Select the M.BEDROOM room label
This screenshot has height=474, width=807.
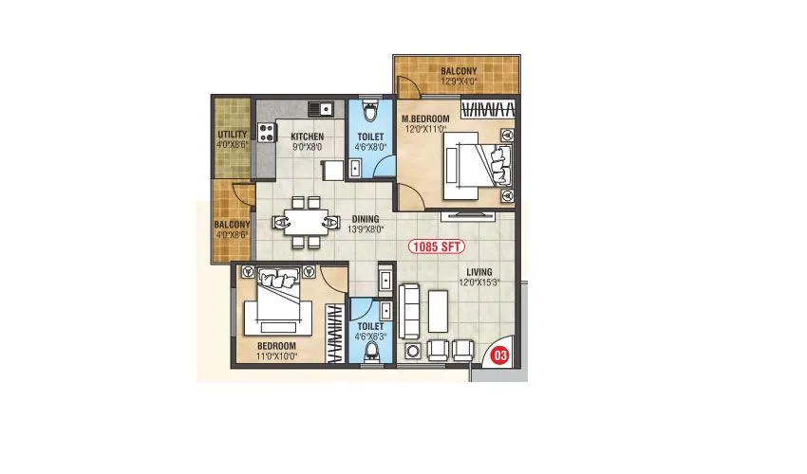[424, 118]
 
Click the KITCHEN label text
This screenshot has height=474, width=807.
[307, 137]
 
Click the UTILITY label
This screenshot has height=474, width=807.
[233, 135]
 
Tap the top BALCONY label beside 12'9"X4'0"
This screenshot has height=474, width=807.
[459, 71]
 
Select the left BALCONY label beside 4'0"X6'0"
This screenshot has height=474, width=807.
[233, 225]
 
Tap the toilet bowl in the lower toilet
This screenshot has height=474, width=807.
[371, 348]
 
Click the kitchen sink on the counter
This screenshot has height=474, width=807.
[322, 106]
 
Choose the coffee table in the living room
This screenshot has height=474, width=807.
[438, 309]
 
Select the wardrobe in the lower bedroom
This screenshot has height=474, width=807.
[335, 332]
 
